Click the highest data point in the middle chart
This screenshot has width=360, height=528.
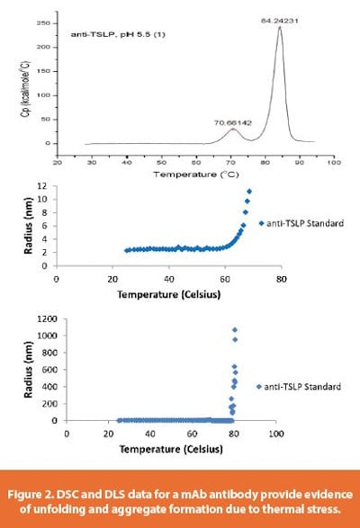tap(249, 191)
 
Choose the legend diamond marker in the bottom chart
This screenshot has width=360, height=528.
tap(258, 387)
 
